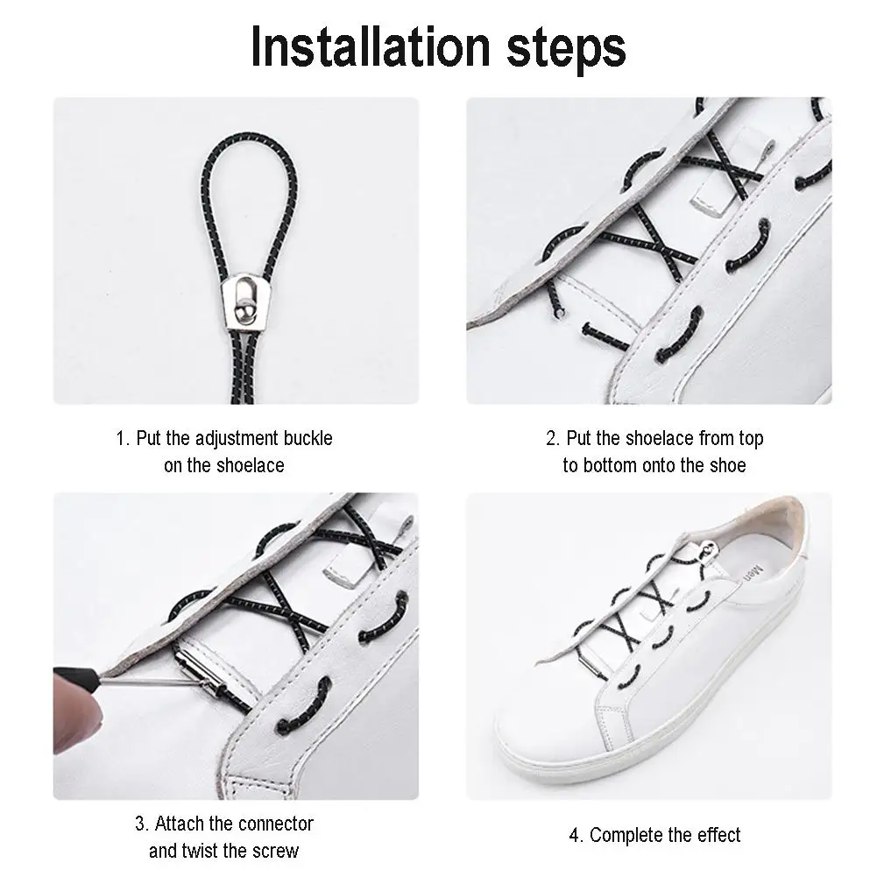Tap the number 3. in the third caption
[142, 824]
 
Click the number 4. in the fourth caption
[577, 835]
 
